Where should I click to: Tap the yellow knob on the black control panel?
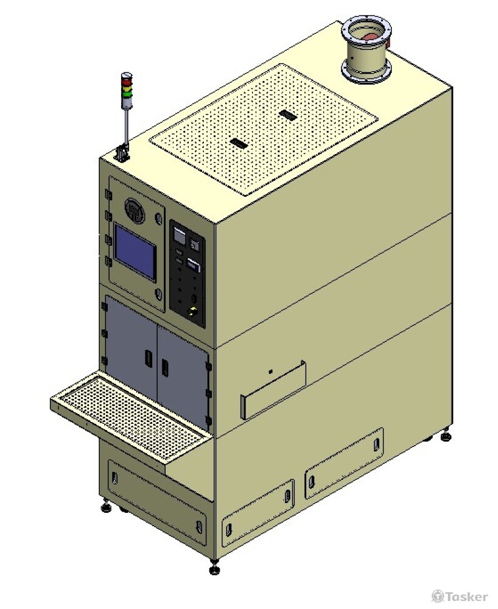point(192,311)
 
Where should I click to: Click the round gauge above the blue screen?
point(135,210)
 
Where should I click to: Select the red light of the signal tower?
point(127,82)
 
